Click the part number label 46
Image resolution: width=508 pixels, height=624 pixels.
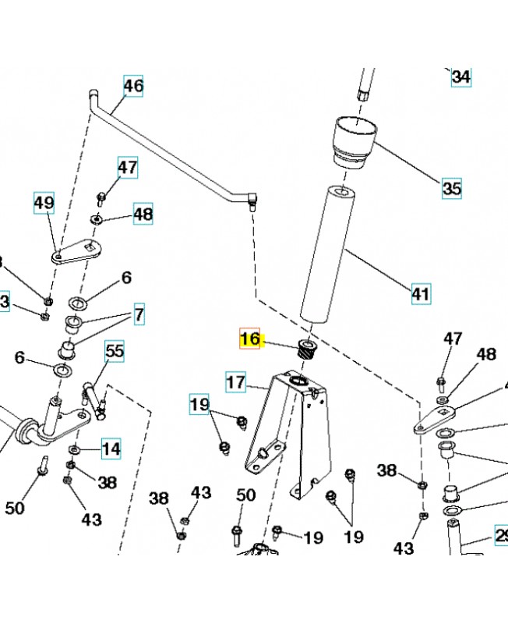coord(133,86)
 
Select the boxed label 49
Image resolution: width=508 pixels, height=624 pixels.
coord(44,204)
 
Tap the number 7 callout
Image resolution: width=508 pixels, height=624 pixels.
coord(139,315)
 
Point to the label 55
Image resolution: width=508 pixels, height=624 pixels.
coord(115,352)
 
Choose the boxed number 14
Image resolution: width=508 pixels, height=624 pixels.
coord(111,448)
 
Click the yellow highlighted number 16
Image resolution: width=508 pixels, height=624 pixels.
coord(251,339)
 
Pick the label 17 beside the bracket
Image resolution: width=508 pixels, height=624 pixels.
coord(236,383)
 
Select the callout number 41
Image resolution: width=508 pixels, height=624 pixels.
coord(421,294)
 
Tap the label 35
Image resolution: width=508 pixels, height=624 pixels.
coord(451,188)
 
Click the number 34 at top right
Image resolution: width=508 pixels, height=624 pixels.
coord(461,77)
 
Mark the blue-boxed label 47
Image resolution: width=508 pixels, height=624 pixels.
coord(128,167)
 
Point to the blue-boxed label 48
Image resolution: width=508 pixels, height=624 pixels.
coord(143,214)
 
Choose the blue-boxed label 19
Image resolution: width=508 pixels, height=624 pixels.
coord(200,404)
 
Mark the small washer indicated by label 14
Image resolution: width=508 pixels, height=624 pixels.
coord(75,450)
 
